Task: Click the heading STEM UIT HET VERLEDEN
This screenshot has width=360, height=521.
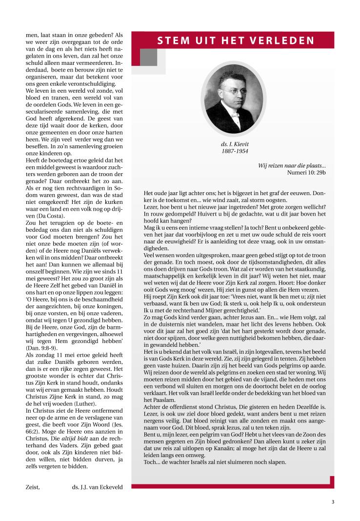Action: pyautogui.click(x=236, y=40)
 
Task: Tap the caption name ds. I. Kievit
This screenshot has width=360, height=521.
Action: pyautogui.click(x=235, y=144)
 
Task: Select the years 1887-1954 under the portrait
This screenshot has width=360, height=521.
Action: pyautogui.click(x=235, y=151)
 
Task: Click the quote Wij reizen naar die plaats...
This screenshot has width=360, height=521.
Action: pyautogui.click(x=296, y=165)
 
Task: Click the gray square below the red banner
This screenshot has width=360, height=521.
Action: pyautogui.click(x=148, y=57)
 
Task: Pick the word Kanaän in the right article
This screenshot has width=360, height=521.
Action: pyautogui.click(x=239, y=448)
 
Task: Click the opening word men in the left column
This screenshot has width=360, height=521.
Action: pyautogui.click(x=32, y=35)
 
